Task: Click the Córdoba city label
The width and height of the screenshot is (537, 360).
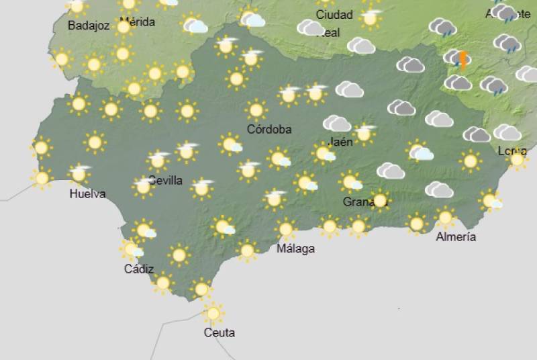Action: pos(269,130)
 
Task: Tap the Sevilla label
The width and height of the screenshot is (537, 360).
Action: pos(165,180)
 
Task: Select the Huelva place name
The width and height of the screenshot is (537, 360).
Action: pos(87,194)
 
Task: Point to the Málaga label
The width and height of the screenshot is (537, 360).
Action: pos(296,249)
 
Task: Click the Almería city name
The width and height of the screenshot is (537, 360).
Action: pos(456,236)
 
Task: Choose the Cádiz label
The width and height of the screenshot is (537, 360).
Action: pos(139,269)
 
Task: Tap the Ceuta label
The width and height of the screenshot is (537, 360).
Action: pos(219,332)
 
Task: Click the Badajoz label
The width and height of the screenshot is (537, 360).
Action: pos(89,26)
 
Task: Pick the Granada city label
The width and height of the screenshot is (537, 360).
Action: pos(361,201)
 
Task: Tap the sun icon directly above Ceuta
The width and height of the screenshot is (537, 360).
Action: pos(213,312)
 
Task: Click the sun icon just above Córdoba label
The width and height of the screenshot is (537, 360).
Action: pos(256,109)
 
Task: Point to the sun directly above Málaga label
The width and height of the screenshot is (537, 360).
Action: pos(286,229)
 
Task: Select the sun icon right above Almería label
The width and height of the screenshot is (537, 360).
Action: pos(445,218)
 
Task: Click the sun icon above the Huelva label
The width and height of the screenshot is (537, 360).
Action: pos(80,174)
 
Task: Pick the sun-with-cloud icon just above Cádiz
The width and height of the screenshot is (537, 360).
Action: pos(132,250)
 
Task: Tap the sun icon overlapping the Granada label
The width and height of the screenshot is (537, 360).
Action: pos(380,199)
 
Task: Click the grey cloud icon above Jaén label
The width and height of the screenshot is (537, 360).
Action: pos(337,124)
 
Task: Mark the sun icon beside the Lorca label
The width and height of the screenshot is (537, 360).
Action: pos(518,159)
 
